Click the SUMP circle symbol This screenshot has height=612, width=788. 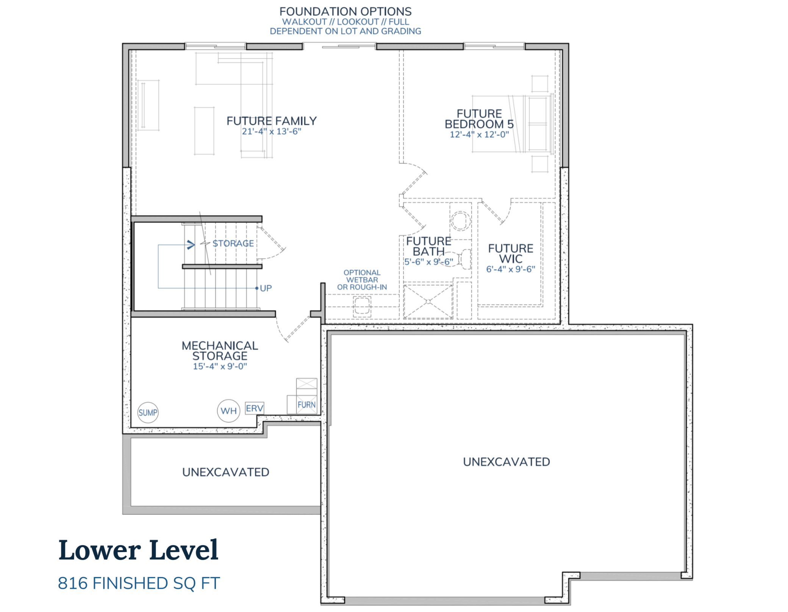[148, 413]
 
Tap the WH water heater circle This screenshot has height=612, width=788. [228, 411]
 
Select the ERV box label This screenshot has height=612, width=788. [254, 408]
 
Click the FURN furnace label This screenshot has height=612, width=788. [306, 405]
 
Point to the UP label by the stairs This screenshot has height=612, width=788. [266, 288]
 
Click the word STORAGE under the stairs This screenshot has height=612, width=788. [233, 243]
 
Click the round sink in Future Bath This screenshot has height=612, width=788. [460, 221]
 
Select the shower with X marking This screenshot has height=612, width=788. [428, 302]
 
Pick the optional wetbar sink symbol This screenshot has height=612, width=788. [362, 306]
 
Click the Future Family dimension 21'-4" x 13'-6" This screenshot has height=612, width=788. [271, 132]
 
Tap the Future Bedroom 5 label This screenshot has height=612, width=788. [479, 119]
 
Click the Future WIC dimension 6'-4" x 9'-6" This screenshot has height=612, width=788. [510, 269]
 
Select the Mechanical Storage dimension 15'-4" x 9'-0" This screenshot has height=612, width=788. [220, 366]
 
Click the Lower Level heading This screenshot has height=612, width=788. [138, 550]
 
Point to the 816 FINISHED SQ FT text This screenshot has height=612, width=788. [139, 583]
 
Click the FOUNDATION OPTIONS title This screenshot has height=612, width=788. [345, 11]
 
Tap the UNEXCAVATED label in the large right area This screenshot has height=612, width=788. [506, 462]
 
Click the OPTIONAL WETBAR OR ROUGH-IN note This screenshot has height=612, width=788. [362, 280]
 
